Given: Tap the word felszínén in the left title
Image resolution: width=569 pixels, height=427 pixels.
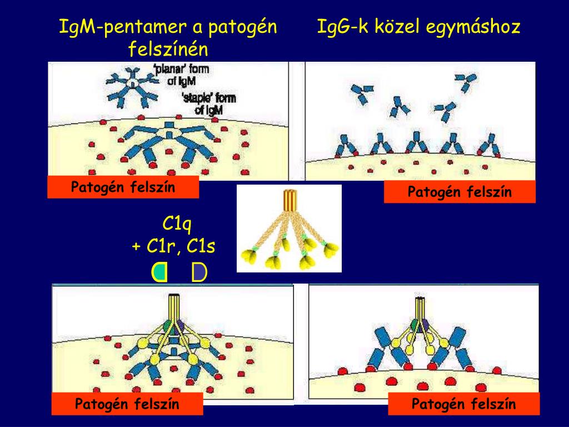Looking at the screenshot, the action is pyautogui.click(x=168, y=49).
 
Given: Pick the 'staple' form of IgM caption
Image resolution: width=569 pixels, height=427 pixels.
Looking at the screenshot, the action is pyautogui.click(x=209, y=103).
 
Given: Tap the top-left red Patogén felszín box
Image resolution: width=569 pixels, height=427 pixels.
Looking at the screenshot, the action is pyautogui.click(x=123, y=187).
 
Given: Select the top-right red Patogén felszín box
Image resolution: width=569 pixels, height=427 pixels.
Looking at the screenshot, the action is pyautogui.click(x=460, y=192).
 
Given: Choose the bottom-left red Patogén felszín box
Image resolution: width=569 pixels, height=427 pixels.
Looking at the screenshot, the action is pyautogui.click(x=127, y=404).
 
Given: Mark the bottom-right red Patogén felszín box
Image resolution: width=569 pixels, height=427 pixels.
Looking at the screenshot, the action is pyautogui.click(x=463, y=404).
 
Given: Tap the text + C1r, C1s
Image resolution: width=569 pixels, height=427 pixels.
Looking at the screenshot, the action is pyautogui.click(x=173, y=246).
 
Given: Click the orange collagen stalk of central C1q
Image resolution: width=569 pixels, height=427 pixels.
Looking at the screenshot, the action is pyautogui.click(x=289, y=201).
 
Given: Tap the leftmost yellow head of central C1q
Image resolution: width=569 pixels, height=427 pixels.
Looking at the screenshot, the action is pyautogui.click(x=248, y=255).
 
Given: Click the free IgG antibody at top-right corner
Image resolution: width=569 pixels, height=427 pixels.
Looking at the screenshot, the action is pyautogui.click(x=465, y=82).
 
